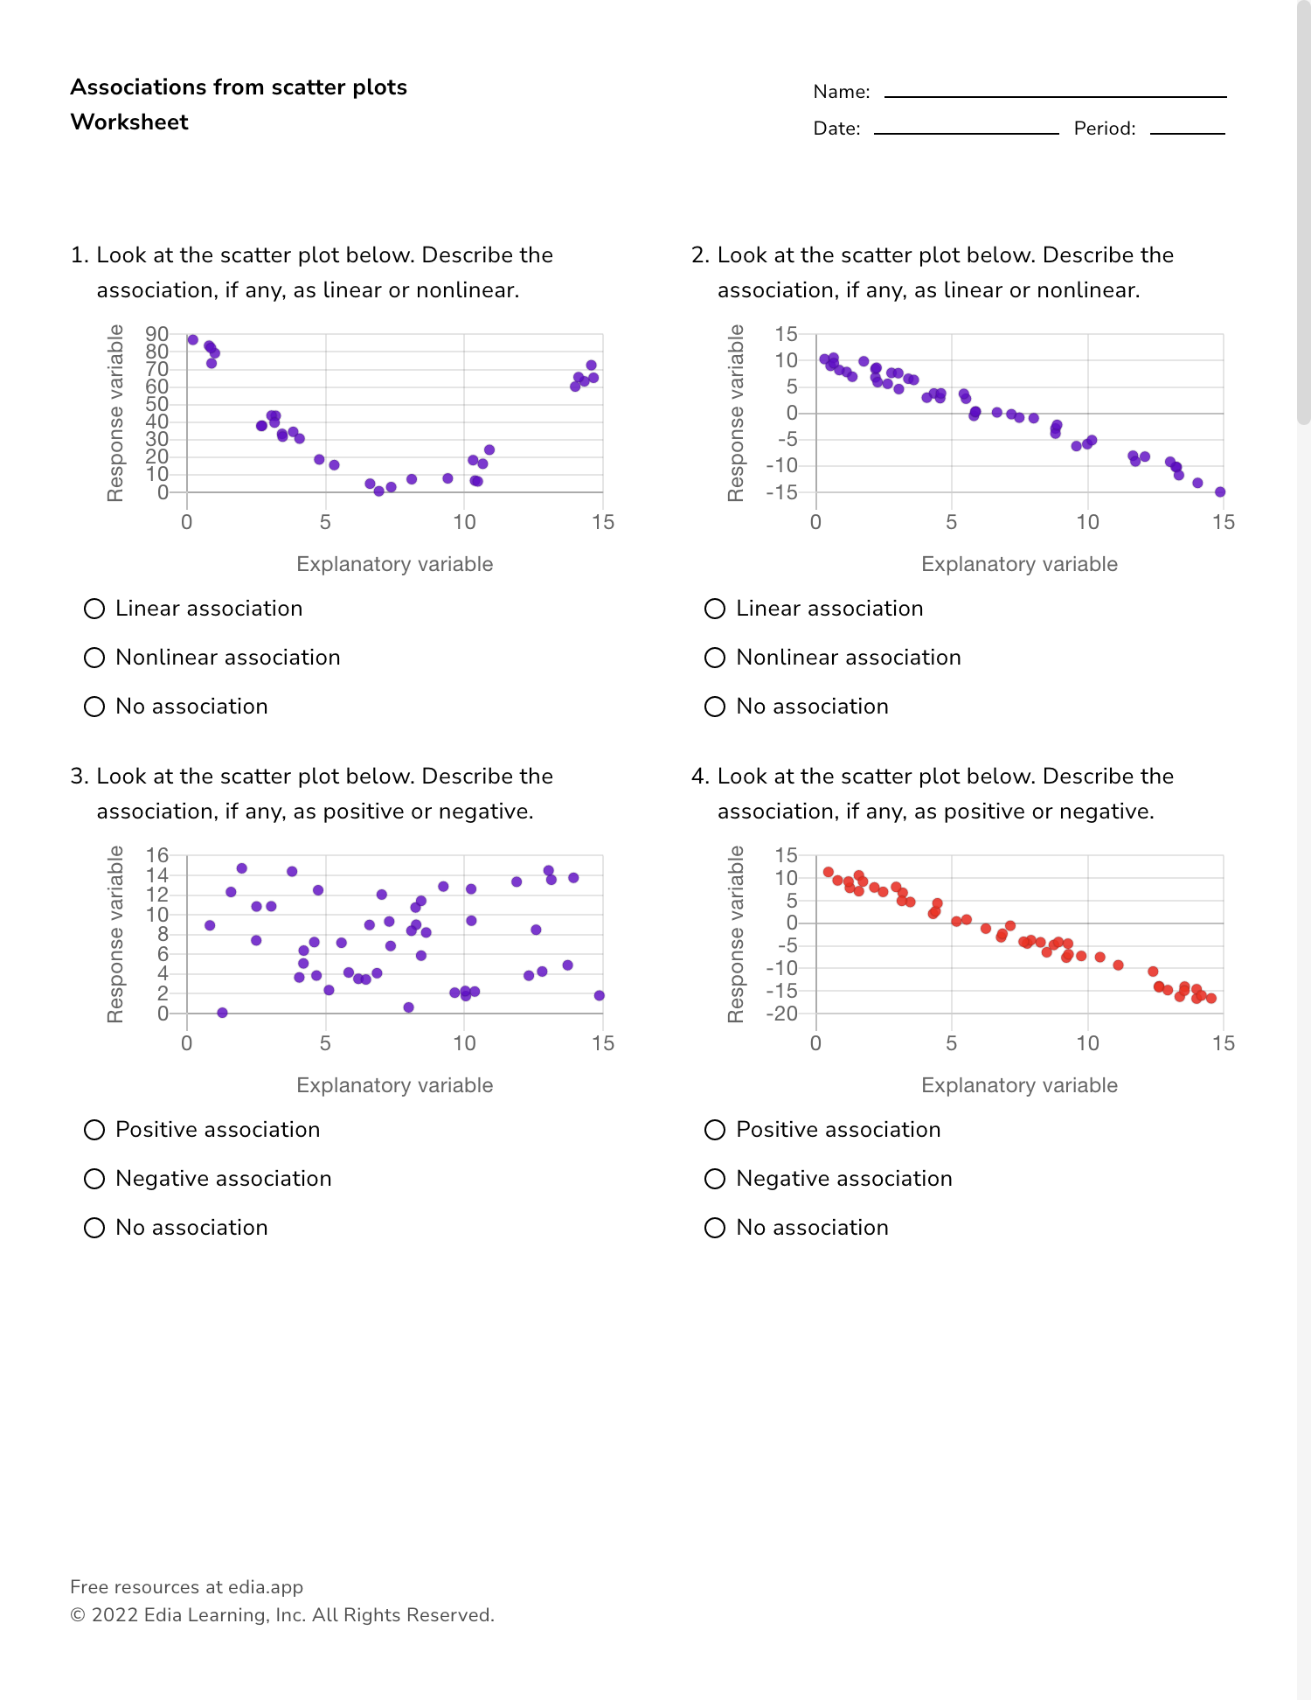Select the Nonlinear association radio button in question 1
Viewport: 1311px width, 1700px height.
coord(94,658)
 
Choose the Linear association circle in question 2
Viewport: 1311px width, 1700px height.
coord(715,609)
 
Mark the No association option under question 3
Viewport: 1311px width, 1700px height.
coord(94,1228)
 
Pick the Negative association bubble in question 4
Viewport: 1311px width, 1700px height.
coord(715,1179)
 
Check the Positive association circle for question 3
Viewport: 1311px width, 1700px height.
coord(94,1130)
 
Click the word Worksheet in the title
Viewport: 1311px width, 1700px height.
coord(129,122)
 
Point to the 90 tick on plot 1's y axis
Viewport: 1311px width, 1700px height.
coord(157,334)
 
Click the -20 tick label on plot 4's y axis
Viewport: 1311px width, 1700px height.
coord(781,1014)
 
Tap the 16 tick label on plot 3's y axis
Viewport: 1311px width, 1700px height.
coord(157,855)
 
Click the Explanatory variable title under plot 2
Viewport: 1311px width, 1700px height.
coord(1019,564)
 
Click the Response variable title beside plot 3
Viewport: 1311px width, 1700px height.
coord(115,934)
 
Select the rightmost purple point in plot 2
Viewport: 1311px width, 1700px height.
coord(1220,492)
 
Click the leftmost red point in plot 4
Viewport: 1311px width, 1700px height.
coord(829,872)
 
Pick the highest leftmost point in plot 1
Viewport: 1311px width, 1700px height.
coord(193,340)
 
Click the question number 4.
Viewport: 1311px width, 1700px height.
coord(698,777)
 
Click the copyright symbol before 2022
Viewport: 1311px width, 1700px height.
coord(78,1615)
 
